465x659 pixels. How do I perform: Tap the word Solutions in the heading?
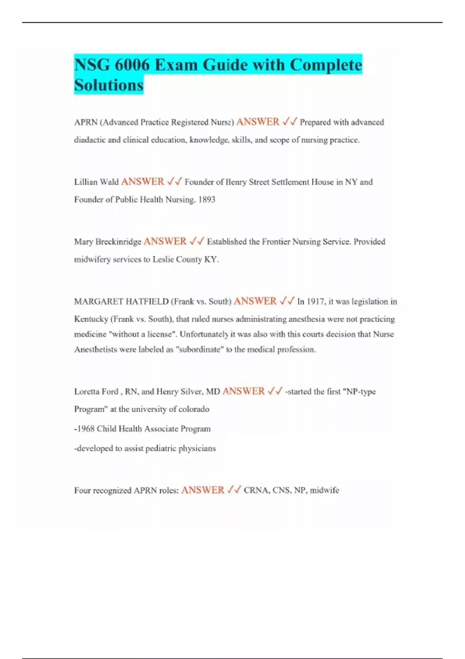coord(109,85)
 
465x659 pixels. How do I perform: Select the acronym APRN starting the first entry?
coord(86,122)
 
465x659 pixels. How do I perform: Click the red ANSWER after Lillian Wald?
coord(143,182)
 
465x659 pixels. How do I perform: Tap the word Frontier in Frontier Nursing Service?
coord(276,242)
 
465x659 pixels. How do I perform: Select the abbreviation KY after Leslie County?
coord(211,259)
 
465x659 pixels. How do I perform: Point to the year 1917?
coord(316,302)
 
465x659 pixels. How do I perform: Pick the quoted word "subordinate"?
coord(200,349)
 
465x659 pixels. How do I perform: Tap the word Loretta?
coord(88,392)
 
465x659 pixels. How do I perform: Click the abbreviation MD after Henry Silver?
coord(213,392)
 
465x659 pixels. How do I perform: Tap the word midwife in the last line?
coord(324,490)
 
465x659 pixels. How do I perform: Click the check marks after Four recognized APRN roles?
coord(234,490)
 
